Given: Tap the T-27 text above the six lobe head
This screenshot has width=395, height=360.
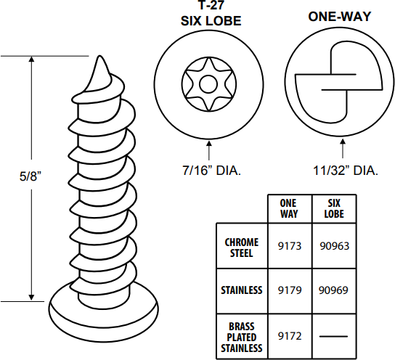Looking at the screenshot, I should tap(210, 8).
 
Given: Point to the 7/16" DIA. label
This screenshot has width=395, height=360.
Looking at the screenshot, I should tap(211, 171).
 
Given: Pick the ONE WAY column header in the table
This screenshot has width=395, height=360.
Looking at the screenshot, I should tap(288, 209).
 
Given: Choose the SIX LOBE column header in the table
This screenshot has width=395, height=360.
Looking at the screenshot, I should tap(335, 209).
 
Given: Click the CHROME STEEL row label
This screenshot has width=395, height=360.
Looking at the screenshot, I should tap(241, 247).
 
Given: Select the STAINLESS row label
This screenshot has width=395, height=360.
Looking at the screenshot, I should tap(241, 290).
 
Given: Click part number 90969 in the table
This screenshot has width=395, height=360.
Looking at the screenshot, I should tap(335, 290).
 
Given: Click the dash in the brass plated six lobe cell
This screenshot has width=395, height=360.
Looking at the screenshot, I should tap(335, 335).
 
